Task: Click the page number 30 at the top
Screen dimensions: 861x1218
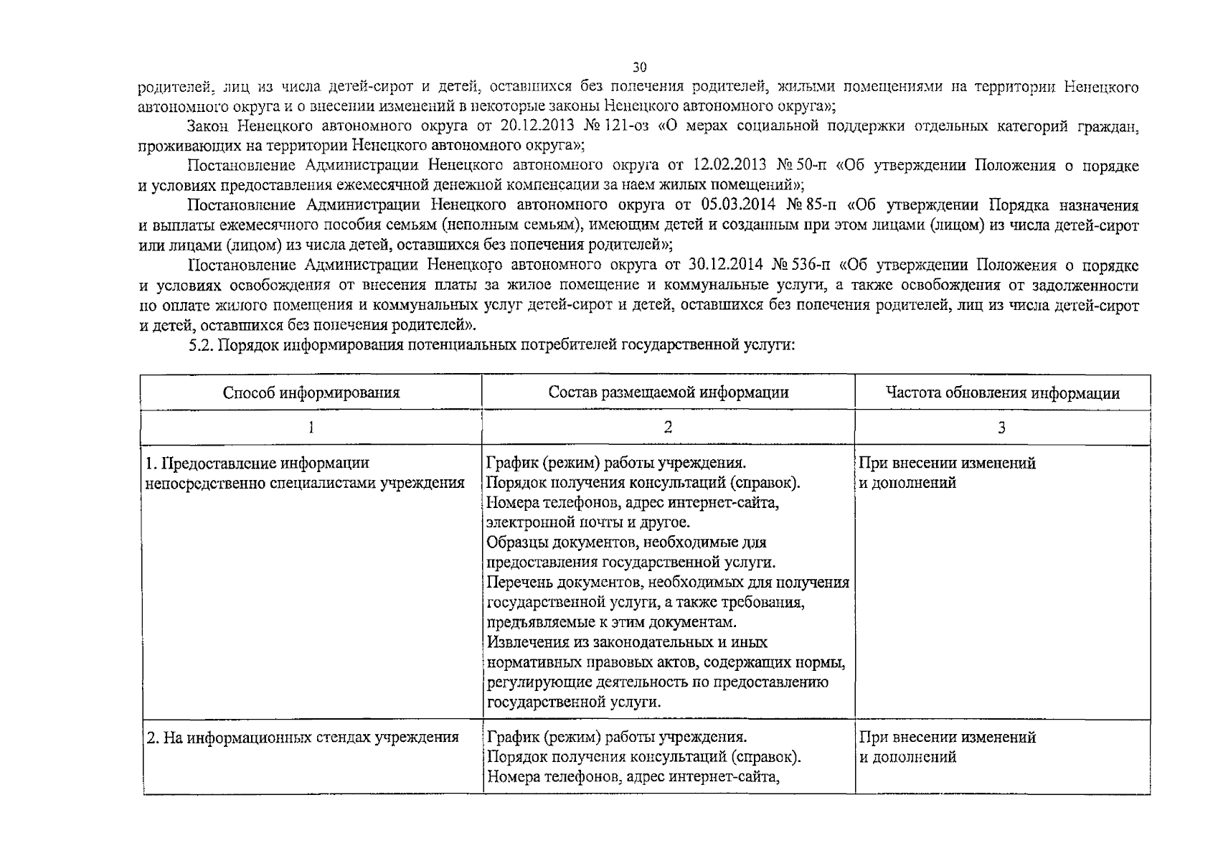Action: (x=640, y=67)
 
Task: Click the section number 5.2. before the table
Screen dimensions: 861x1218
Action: (x=201, y=345)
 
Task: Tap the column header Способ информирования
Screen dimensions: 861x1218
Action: (x=311, y=392)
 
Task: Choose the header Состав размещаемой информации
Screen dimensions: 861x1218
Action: (x=668, y=392)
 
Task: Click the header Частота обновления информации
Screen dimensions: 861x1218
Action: (x=1002, y=392)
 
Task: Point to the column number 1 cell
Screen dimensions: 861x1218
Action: (x=311, y=428)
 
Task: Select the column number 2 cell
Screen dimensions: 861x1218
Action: (x=668, y=428)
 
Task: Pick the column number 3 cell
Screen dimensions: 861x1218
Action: (x=1001, y=428)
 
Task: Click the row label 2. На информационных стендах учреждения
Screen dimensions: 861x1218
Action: (x=302, y=737)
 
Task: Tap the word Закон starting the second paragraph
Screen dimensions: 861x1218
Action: (x=208, y=127)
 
